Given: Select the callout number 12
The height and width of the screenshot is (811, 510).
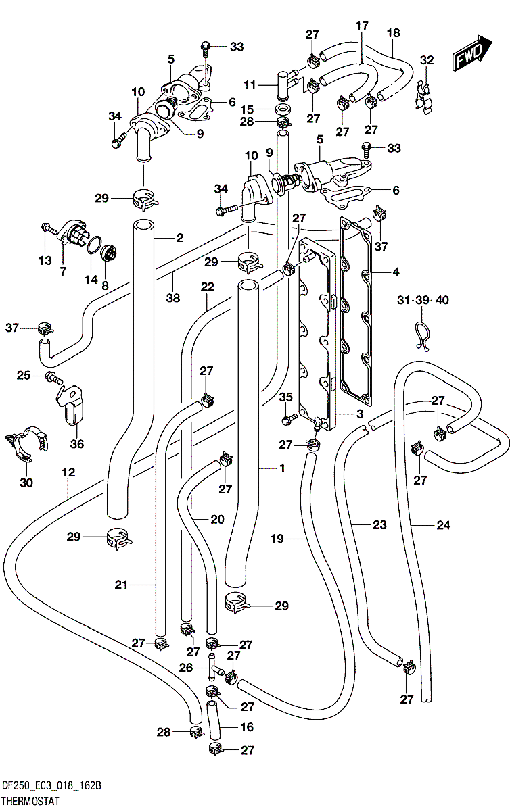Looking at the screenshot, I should (x=68, y=472).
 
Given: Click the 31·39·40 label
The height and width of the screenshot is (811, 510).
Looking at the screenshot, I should (x=423, y=299).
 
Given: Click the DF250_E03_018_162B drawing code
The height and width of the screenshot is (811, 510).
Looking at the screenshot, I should (x=52, y=785).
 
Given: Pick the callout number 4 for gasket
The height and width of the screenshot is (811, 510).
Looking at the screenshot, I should (x=396, y=272).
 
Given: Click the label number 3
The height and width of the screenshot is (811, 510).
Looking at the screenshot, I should (x=360, y=414).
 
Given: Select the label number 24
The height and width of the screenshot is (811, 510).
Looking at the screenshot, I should (x=443, y=524).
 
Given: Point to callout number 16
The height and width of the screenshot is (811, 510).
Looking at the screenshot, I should (x=247, y=727).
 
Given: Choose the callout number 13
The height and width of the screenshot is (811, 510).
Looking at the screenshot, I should (x=45, y=261).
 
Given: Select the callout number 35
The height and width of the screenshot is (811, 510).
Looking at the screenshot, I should (x=285, y=397).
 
